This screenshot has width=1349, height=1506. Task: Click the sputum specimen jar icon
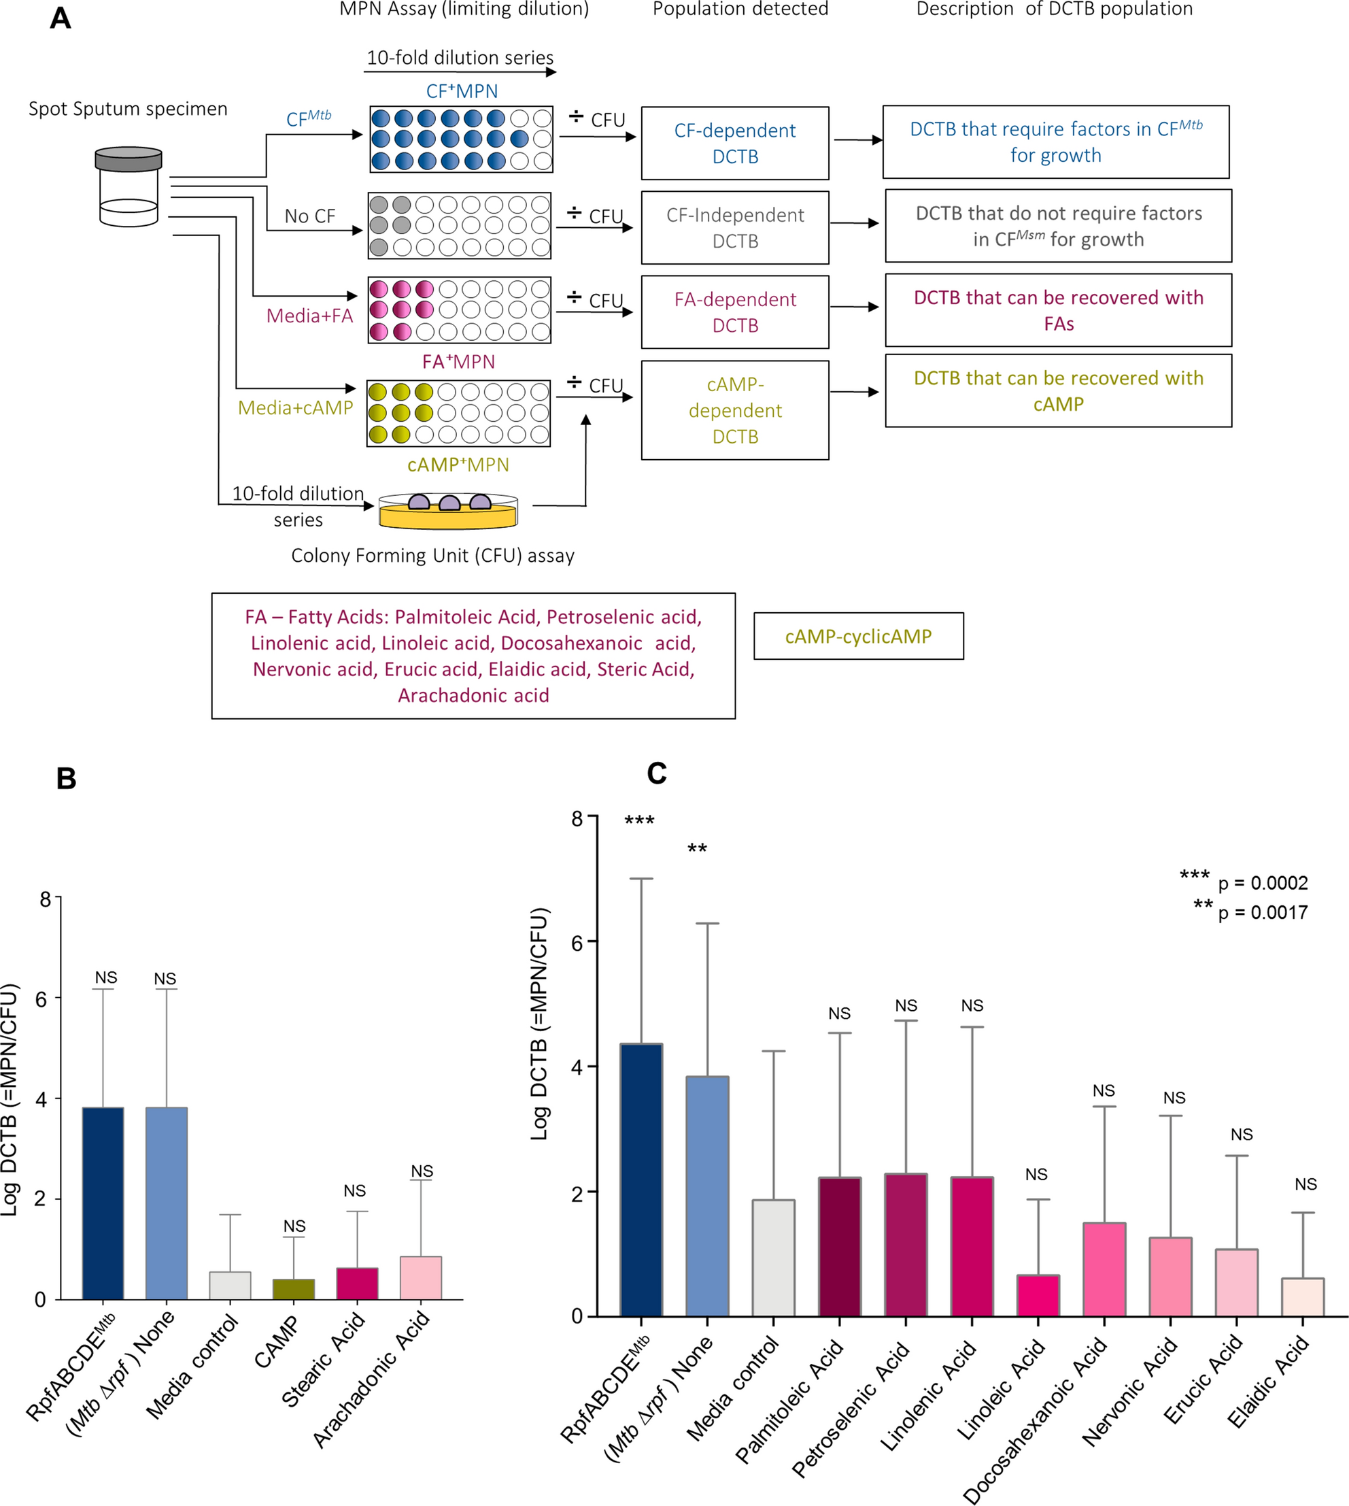pyautogui.click(x=129, y=186)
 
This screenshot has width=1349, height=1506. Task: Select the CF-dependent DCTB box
pyautogui.click(x=734, y=143)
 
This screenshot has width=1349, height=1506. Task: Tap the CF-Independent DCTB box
pyautogui.click(x=734, y=228)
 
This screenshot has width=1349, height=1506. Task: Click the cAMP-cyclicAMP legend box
pyautogui.click(x=858, y=636)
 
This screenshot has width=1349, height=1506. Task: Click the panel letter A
pyautogui.click(x=61, y=18)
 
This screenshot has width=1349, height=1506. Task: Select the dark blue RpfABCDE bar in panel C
pyautogui.click(x=641, y=1179)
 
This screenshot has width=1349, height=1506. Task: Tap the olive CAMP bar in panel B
pyautogui.click(x=294, y=1289)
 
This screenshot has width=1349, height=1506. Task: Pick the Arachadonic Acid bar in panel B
pyautogui.click(x=420, y=1277)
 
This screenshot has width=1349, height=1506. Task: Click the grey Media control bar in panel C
pyautogui.click(x=773, y=1258)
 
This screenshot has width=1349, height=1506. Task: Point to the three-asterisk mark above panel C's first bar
pyautogui.click(x=639, y=822)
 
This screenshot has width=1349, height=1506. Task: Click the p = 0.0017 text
pyautogui.click(x=1262, y=913)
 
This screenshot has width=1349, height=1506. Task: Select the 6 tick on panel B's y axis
pyautogui.click(x=44, y=999)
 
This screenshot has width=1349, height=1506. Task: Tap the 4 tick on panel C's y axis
pyautogui.click(x=579, y=1067)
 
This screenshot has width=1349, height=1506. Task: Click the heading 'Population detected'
pyautogui.click(x=740, y=9)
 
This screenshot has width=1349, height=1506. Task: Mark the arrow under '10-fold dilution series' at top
pyautogui.click(x=460, y=72)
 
